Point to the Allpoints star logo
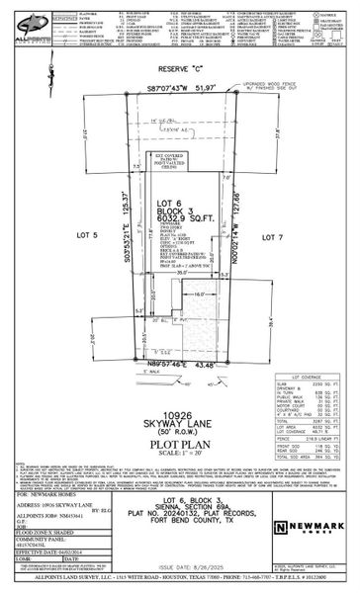tap(22, 20)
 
